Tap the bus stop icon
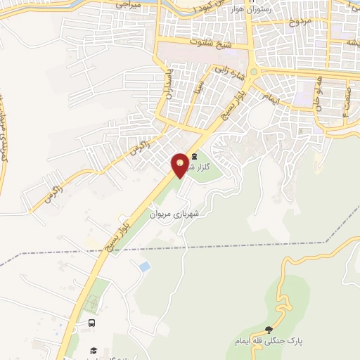point(92,323)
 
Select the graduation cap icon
point(92,350)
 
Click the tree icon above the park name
point(269,330)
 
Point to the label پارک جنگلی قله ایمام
point(269,342)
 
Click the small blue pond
point(144,266)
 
